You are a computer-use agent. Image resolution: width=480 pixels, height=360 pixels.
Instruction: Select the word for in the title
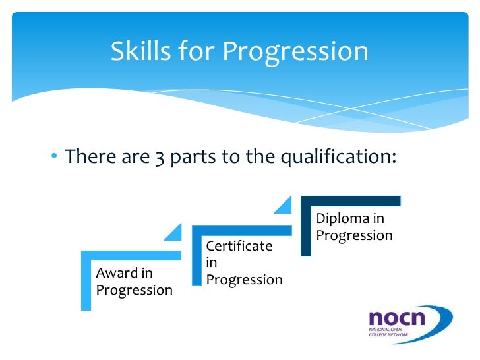[x=199, y=51]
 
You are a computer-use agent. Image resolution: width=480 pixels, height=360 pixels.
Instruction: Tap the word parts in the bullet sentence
[x=195, y=157]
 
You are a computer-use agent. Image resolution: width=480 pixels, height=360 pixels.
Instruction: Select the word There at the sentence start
[x=92, y=157]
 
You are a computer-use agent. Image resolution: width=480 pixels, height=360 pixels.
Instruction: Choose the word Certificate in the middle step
[x=239, y=246]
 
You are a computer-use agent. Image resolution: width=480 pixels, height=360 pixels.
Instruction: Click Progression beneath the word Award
[x=135, y=290]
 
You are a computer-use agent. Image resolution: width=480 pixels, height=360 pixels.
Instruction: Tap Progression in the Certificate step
[x=244, y=280]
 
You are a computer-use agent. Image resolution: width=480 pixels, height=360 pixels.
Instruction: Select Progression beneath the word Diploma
[x=354, y=235]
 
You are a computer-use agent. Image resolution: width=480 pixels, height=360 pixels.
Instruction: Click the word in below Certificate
[x=211, y=262]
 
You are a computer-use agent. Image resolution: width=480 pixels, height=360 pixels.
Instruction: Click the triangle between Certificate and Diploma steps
[x=284, y=206]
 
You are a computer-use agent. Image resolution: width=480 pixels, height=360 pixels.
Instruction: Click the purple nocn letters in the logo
[x=396, y=318]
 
